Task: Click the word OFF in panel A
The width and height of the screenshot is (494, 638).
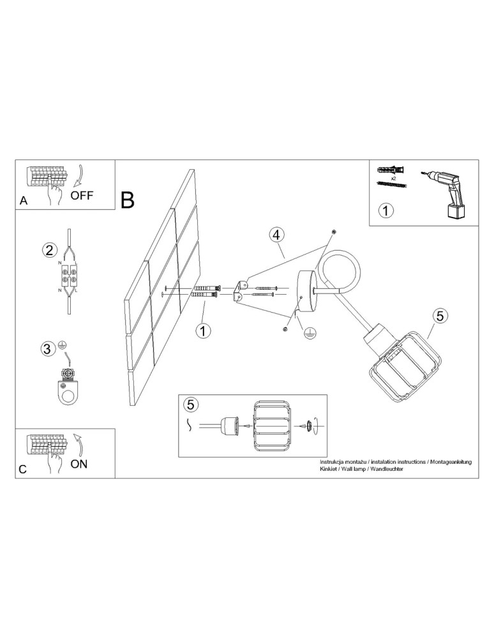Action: pos(82,196)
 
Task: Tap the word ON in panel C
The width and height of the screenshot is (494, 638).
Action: pos(79,464)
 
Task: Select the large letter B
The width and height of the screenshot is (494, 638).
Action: pos(128,200)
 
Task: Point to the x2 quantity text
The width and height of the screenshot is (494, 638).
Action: pos(394,179)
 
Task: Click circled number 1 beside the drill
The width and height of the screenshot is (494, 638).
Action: pos(386,210)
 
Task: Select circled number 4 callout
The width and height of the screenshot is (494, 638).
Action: pos(276,235)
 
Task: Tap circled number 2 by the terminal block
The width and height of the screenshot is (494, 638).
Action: pos(49,249)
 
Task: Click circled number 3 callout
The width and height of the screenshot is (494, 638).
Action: pos(47,348)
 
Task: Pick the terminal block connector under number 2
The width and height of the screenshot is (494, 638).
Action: pos(70,278)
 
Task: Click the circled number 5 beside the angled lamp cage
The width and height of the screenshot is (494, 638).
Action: pos(438,315)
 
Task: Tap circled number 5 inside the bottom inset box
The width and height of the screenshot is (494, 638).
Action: pos(190,404)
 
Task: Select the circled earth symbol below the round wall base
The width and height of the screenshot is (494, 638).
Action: pos(308,332)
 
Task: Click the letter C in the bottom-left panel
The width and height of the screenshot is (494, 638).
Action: pos(23,469)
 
